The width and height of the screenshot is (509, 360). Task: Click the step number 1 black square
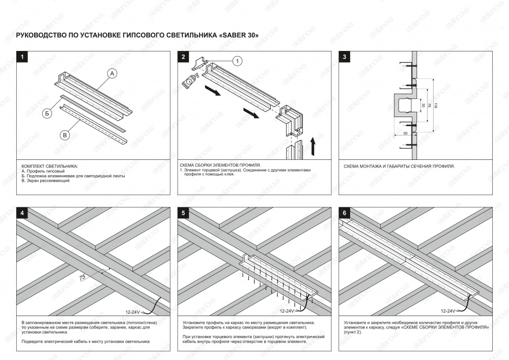(x=22, y=57)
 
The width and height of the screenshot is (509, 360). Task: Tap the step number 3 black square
(x=345, y=57)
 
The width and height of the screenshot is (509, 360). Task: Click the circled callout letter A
(x=113, y=74)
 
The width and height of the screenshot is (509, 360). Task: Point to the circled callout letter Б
(x=46, y=113)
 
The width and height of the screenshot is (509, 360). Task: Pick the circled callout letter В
(x=65, y=135)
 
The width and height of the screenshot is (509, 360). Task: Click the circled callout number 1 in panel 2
(x=237, y=61)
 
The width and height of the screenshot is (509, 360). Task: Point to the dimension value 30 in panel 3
(x=422, y=105)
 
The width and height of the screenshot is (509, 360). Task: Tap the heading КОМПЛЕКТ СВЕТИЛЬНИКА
(x=50, y=167)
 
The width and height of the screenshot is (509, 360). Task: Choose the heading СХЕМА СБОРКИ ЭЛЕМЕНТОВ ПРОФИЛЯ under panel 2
(x=220, y=165)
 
